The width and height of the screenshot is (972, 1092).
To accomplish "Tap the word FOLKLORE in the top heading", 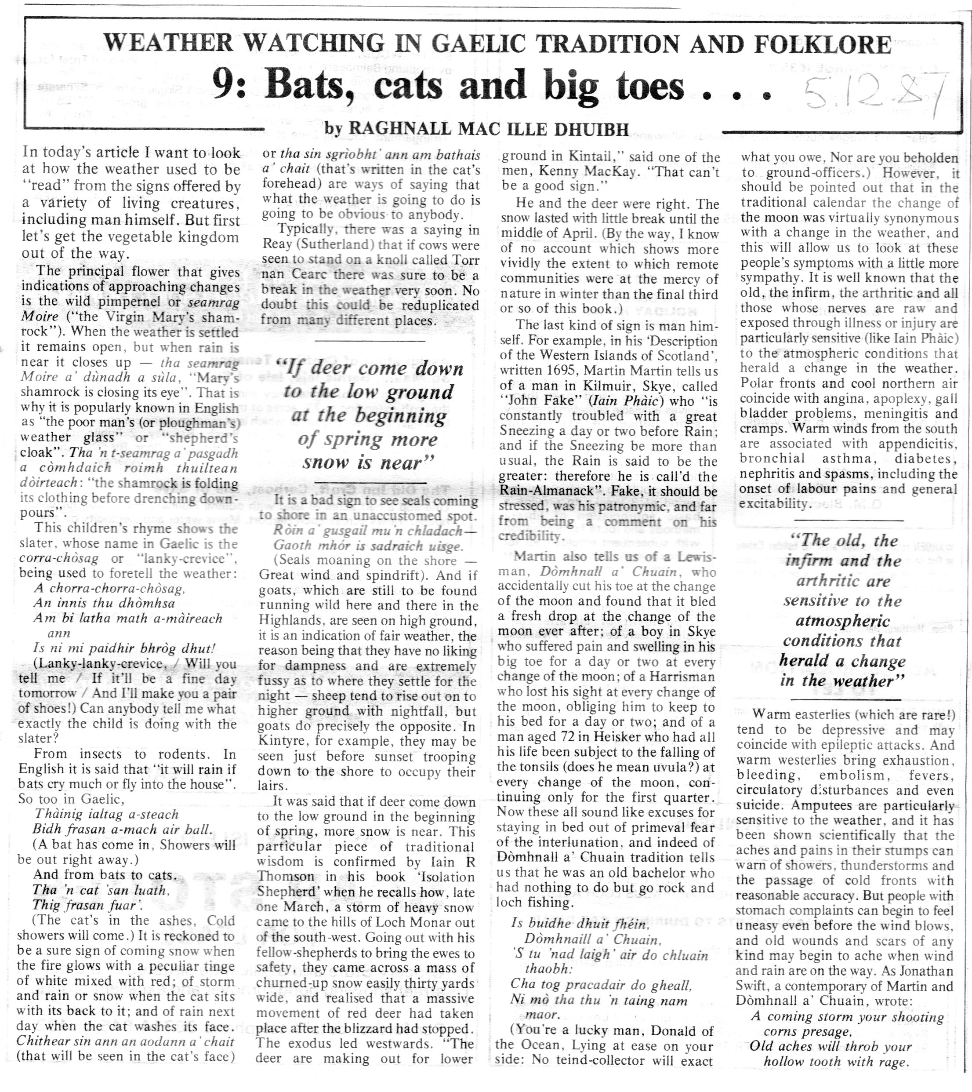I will point(823,44).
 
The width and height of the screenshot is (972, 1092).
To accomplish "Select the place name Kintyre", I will point(283,741).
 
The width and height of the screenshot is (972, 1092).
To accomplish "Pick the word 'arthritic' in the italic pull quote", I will point(843,581).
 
